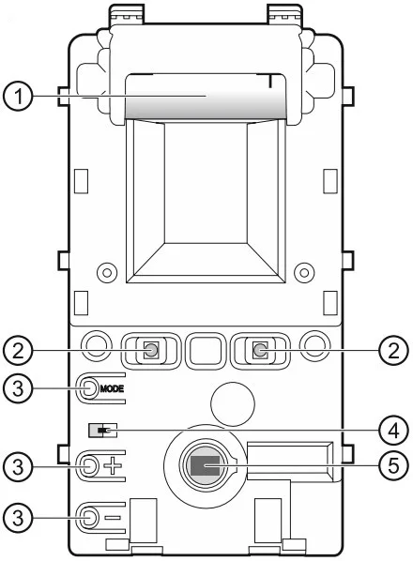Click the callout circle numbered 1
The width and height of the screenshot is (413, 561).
18,97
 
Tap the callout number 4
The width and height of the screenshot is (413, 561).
393,431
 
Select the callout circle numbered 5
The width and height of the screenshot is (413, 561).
393,465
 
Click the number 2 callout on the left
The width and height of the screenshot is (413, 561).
18,350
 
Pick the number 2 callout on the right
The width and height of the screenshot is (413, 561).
393,350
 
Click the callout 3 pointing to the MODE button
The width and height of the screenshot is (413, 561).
18,388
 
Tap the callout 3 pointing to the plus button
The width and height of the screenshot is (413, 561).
18,466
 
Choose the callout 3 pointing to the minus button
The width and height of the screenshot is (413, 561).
18,517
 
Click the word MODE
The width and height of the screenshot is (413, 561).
112,388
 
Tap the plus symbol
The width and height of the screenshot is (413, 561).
113,466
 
